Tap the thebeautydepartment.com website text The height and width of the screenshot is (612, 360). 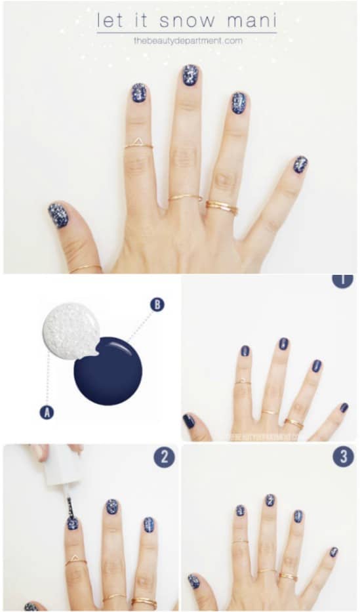pos(188,41)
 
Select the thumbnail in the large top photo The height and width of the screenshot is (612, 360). pos(58,215)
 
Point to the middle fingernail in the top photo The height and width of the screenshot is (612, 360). pos(191,75)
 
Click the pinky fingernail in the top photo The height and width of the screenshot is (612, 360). pos(300,164)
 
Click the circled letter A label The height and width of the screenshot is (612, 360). pos(46,412)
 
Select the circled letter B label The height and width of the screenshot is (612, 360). pos(157,304)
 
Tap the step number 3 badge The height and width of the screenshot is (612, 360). pos(342,456)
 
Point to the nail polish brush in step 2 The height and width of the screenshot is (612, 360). pos(69,508)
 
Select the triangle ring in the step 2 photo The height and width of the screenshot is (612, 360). pos(74,560)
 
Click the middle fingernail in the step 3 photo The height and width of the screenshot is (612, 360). pos(270,500)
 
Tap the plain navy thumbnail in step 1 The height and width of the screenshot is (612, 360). pos(189,421)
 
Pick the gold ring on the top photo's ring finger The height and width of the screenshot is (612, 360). pos(222,207)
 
